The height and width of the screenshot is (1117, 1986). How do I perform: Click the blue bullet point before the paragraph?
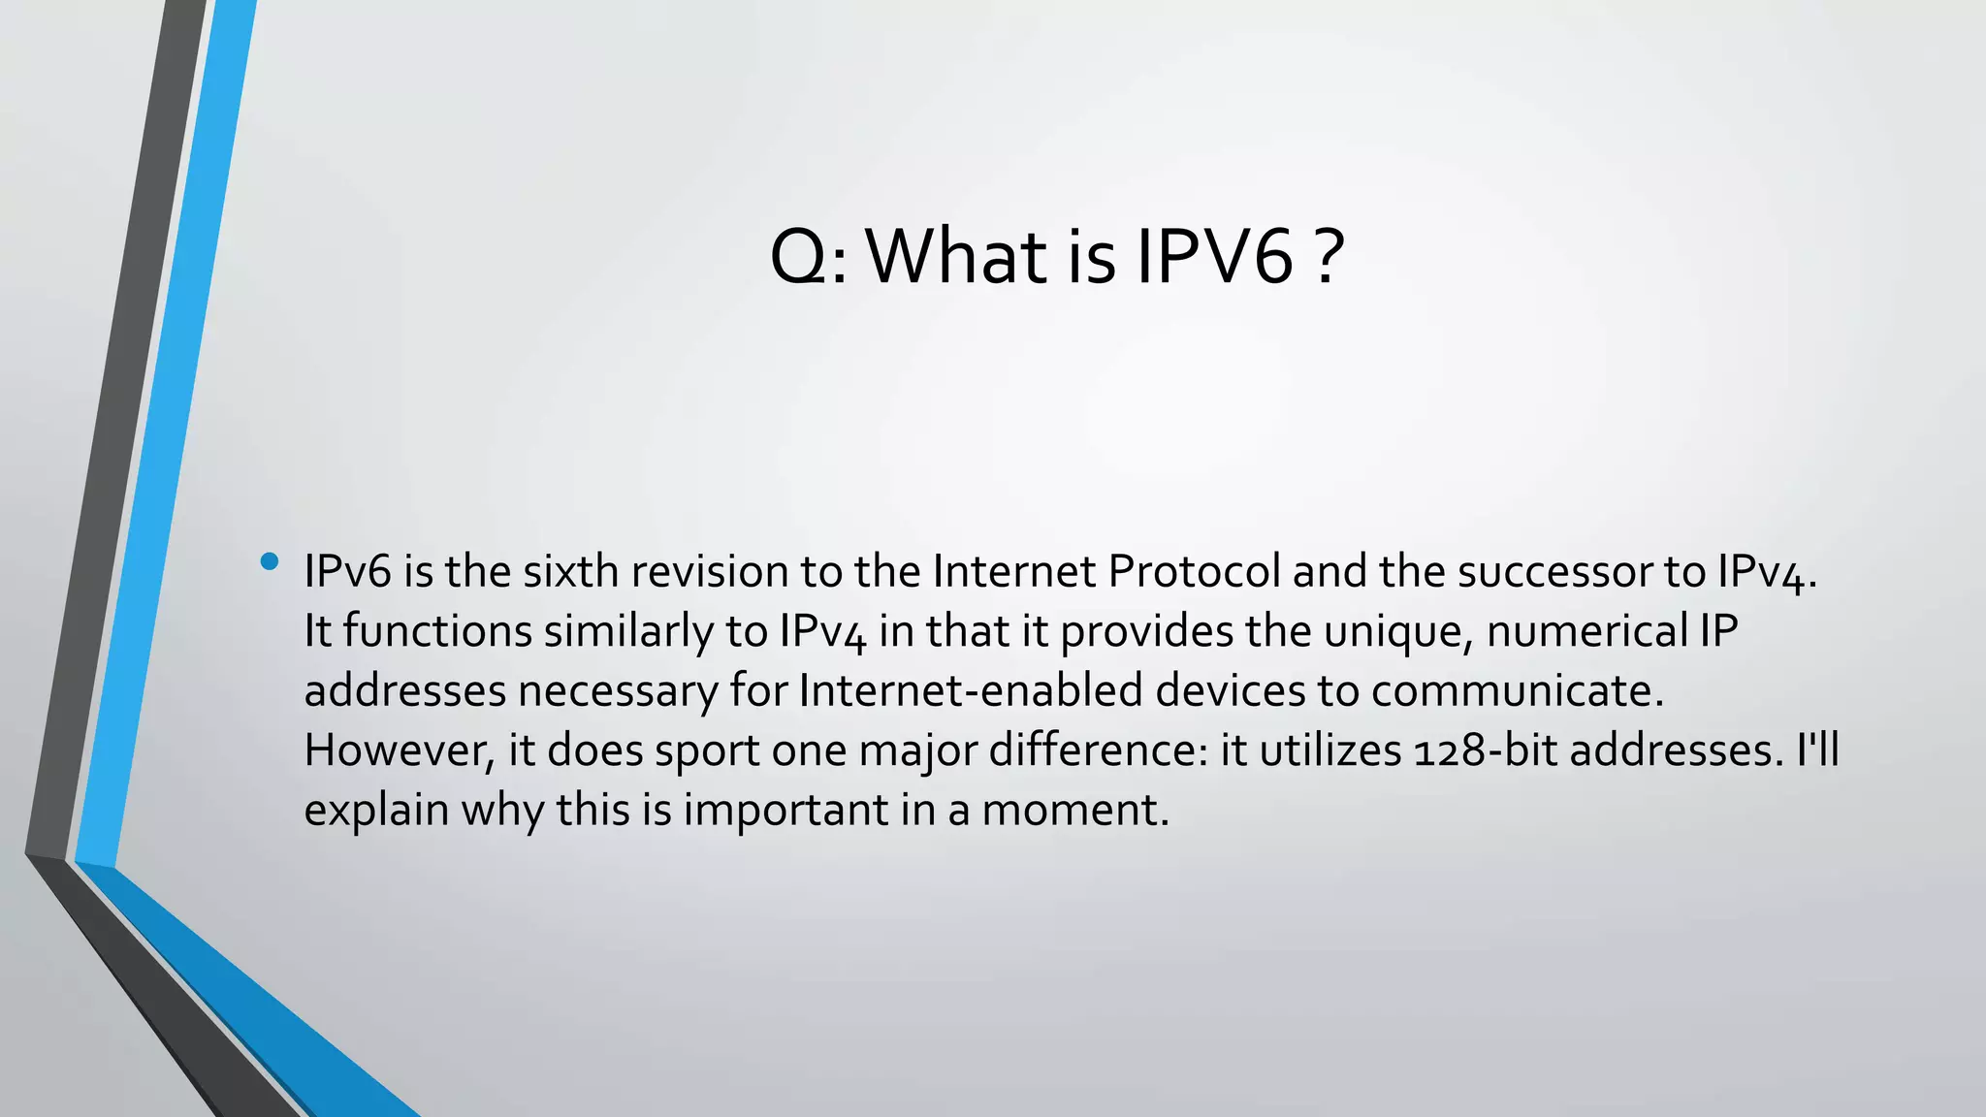[270, 561]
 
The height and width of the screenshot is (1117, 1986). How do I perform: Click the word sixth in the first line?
[570, 571]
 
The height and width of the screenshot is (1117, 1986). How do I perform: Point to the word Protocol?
[1194, 571]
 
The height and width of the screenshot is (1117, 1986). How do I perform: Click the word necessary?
[618, 691]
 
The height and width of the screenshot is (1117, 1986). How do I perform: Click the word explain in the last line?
[376, 811]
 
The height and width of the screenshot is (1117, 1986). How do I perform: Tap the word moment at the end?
[1074, 811]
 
